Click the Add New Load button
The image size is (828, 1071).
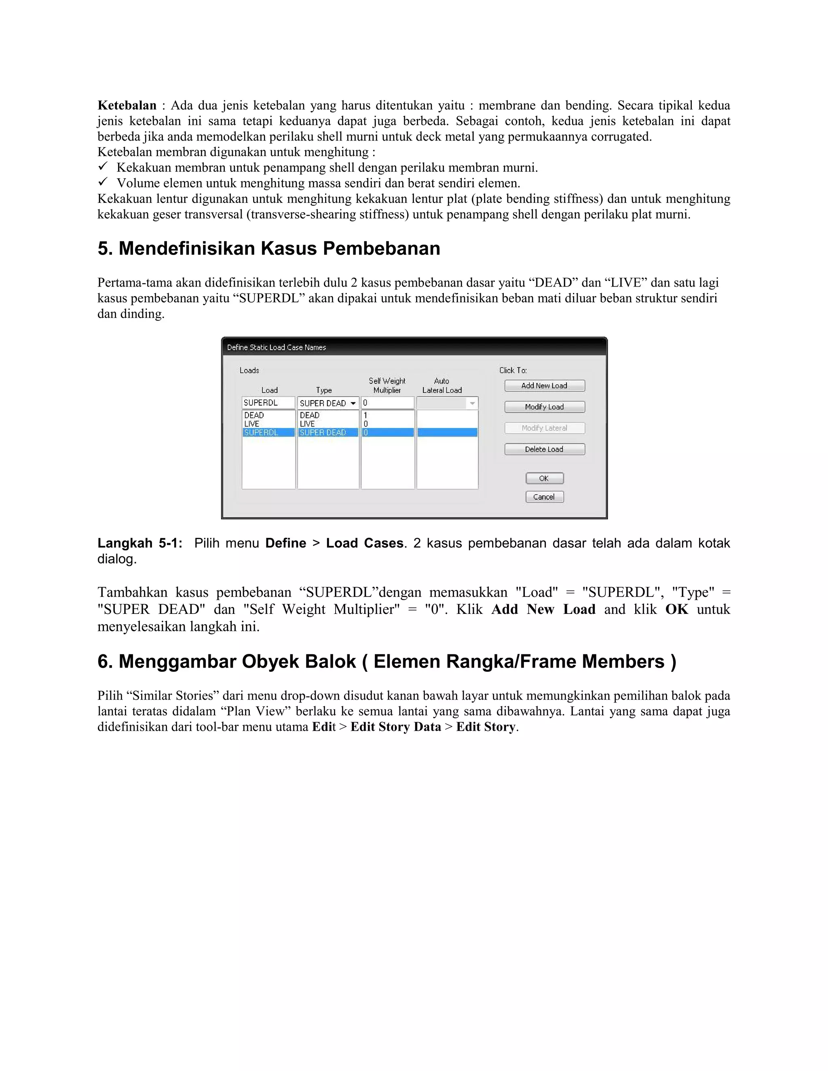pyautogui.click(x=544, y=386)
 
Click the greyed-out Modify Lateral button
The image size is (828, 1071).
pyautogui.click(x=544, y=428)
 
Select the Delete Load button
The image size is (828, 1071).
pyautogui.click(x=544, y=449)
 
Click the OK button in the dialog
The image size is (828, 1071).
pyautogui.click(x=544, y=478)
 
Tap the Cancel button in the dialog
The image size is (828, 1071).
pyautogui.click(x=544, y=497)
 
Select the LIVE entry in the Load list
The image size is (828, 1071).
pyautogui.click(x=252, y=424)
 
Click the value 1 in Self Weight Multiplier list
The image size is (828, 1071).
pyautogui.click(x=365, y=415)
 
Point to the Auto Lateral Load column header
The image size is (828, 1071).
pyautogui.click(x=442, y=386)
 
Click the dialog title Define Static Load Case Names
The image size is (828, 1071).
pyautogui.click(x=277, y=347)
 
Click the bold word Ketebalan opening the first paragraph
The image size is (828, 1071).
pyautogui.click(x=127, y=105)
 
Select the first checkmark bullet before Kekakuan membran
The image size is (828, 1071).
pyautogui.click(x=103, y=167)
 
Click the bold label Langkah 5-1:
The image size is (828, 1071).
pyautogui.click(x=140, y=543)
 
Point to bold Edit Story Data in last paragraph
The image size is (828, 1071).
pyautogui.click(x=395, y=727)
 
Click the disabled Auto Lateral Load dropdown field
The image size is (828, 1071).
pyautogui.click(x=447, y=403)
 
